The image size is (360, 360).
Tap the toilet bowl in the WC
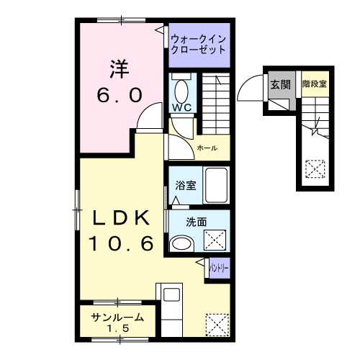pos(181,91)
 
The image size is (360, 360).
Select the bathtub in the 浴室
pos(216,185)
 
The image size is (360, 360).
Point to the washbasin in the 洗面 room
pos(181,243)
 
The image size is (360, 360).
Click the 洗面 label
pos(197,222)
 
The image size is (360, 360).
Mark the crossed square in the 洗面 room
pos(215,240)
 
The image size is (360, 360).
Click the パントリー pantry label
pos(219,268)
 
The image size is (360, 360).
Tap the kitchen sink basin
pos(171,294)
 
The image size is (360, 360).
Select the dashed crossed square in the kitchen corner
pos(217,325)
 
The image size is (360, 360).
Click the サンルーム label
pos(117,318)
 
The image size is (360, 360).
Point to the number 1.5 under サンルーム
pos(118,328)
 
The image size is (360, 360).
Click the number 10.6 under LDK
pos(121,243)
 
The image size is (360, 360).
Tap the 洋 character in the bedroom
pos(120,69)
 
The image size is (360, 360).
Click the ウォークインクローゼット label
pos(199,45)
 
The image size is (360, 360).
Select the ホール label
pos(207,148)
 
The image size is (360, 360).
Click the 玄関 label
pos(281,84)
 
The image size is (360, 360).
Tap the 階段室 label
pos(315,84)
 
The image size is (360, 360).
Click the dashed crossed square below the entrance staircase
pos(315,169)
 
